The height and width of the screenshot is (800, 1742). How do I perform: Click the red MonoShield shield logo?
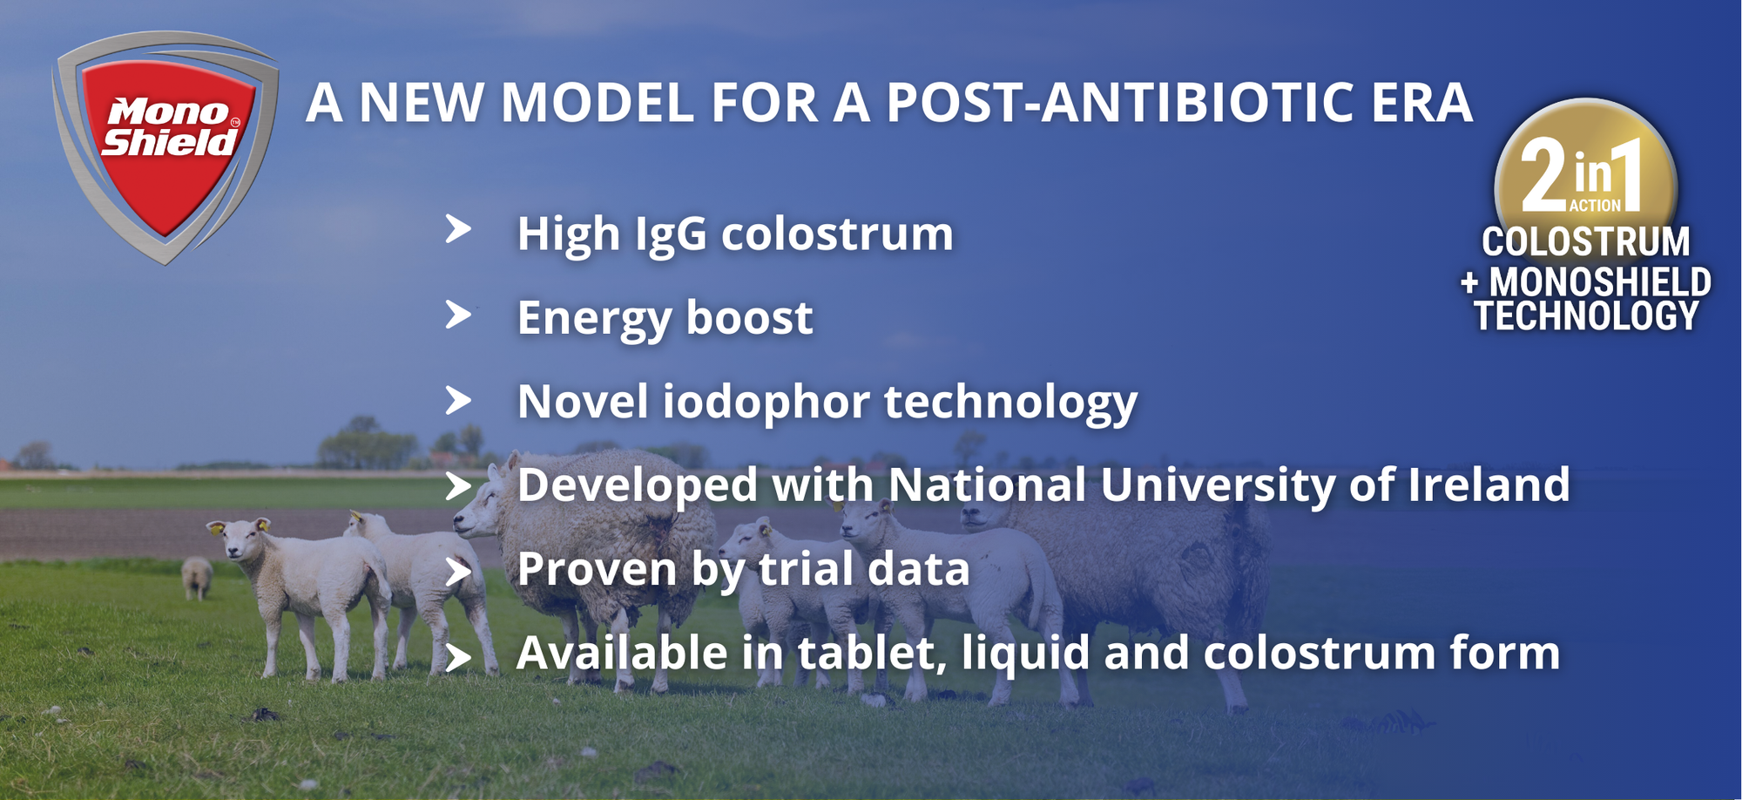165,146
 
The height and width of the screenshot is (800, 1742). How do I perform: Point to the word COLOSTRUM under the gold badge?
1586,241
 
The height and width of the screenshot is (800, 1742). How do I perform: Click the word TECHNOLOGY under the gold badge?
1586,315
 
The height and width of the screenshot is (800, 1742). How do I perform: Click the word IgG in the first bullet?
670,235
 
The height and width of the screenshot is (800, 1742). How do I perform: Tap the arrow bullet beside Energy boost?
458,315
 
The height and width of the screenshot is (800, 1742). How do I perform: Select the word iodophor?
766,403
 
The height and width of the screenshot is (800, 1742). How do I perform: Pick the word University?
1217,485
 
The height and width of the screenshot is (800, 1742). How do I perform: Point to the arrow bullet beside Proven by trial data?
458,572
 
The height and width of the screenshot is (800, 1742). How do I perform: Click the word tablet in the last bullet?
871,653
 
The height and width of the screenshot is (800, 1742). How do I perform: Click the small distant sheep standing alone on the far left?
197,577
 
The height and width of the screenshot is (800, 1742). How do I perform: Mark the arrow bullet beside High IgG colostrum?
458,229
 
